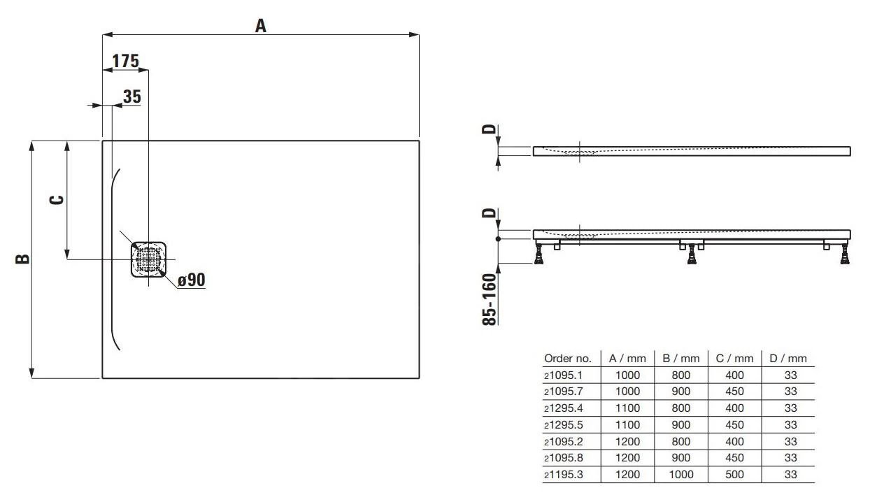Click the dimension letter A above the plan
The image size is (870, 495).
[260, 26]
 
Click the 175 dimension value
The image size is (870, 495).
[125, 62]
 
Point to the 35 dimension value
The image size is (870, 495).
[132, 96]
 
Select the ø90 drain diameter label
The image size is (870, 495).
[191, 280]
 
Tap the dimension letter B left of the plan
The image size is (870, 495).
[22, 259]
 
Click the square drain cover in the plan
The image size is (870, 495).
[149, 259]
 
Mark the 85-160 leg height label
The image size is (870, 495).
[490, 299]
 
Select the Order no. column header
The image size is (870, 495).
[567, 359]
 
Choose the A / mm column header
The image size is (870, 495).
[627, 359]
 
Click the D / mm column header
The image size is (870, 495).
[788, 359]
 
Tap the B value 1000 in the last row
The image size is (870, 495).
[680, 475]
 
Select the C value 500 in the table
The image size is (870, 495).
[735, 475]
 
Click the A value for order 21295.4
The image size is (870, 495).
[627, 408]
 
